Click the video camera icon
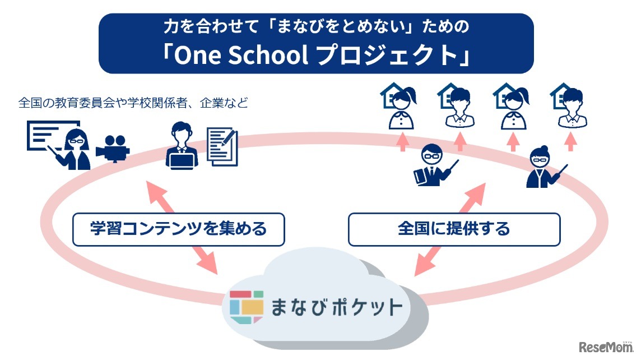point(113,149)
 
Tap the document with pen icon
point(222,146)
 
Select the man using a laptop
point(182,146)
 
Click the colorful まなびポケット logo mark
point(246,307)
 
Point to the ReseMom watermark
point(606,347)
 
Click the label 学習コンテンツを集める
point(179,229)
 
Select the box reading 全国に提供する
point(454,229)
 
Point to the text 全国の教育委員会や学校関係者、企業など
point(133,103)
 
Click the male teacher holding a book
point(433,165)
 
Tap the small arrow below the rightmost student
point(571,141)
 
